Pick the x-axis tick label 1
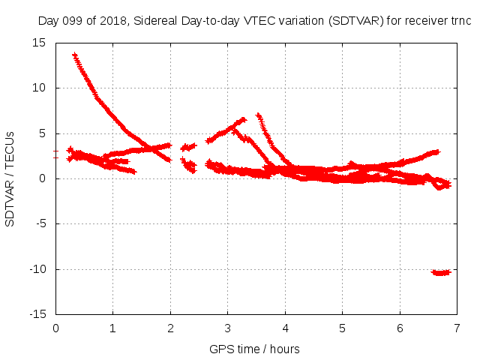(x=112, y=328)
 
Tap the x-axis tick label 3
(x=227, y=328)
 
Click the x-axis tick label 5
(x=342, y=328)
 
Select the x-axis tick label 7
(x=457, y=328)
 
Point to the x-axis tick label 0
(x=55, y=328)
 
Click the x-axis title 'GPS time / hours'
(x=256, y=349)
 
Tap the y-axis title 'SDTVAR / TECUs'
(x=10, y=178)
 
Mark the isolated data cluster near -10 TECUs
(x=441, y=272)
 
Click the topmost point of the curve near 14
(x=74, y=55)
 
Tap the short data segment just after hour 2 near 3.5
(x=188, y=147)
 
